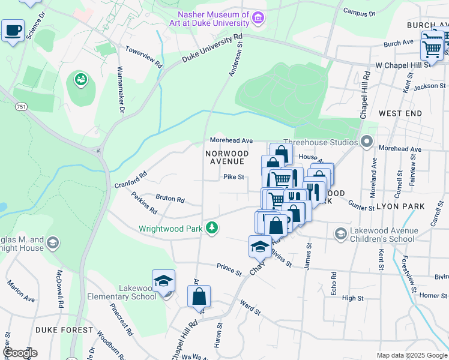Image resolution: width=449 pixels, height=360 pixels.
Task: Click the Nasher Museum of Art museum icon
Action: [259, 18]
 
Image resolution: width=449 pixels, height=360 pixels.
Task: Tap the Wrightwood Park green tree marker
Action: [211, 228]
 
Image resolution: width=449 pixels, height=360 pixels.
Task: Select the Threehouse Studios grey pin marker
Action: [367, 142]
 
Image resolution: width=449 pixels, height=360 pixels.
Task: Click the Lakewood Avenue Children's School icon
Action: [341, 233]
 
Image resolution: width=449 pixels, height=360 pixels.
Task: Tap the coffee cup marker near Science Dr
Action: [13, 30]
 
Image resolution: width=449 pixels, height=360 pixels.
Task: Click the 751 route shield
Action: [22, 107]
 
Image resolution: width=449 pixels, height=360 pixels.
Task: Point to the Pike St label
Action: [234, 177]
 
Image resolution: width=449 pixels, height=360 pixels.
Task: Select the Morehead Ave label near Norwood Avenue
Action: [231, 140]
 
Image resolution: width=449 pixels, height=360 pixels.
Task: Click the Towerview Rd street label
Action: [143, 56]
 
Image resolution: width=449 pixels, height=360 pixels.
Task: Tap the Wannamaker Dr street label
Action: [120, 90]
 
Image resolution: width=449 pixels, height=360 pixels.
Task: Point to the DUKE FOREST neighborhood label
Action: [64, 330]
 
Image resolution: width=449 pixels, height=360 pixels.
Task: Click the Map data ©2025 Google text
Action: [412, 355]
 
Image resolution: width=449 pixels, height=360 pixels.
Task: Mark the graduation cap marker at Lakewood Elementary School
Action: [163, 281]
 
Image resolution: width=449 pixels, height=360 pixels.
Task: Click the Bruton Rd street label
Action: [170, 199]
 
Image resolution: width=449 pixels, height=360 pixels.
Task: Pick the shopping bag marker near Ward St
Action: [199, 296]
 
